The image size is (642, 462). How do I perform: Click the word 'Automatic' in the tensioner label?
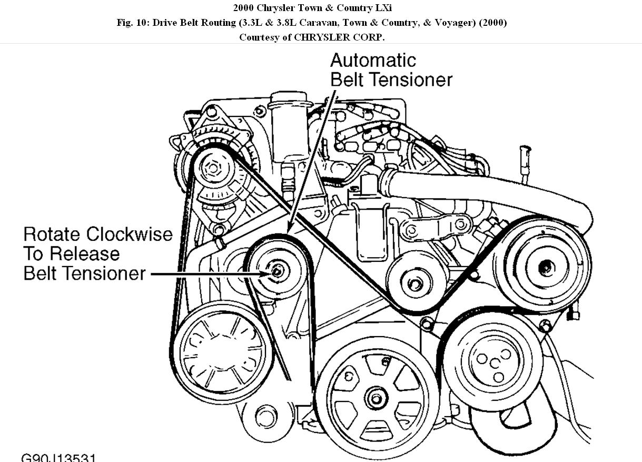[x=373, y=60]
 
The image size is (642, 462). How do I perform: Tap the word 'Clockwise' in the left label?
[x=129, y=234]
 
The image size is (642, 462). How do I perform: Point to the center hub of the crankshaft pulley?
[x=376, y=397]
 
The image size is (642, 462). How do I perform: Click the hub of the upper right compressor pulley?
[x=546, y=267]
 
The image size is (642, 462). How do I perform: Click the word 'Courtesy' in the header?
[x=259, y=37]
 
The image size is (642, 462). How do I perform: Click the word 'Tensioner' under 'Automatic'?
[x=411, y=80]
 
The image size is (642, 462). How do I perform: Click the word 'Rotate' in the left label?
[x=53, y=234]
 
